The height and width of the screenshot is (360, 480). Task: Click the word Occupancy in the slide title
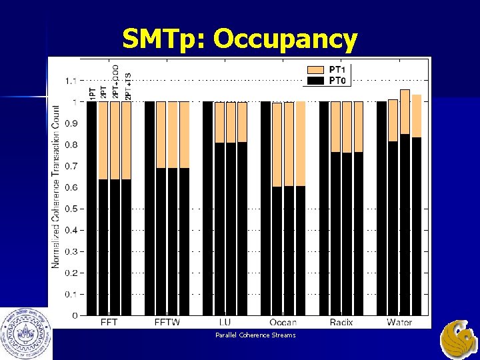click(x=285, y=40)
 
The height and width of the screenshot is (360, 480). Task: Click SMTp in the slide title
click(x=163, y=40)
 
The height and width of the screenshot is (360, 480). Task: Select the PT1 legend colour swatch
click(x=316, y=69)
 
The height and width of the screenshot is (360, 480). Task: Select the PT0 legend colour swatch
click(x=316, y=81)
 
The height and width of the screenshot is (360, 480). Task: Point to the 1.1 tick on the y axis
click(x=70, y=81)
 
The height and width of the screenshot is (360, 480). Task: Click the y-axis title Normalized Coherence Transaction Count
click(x=56, y=193)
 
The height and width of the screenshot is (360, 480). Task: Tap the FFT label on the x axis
click(x=110, y=323)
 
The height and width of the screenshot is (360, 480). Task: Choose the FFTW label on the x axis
click(x=167, y=323)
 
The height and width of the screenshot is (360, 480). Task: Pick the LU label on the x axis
click(x=225, y=323)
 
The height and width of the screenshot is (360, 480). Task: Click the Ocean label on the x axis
click(x=283, y=323)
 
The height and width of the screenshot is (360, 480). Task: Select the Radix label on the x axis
click(x=341, y=323)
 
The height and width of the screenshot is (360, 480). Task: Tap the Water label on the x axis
click(x=399, y=323)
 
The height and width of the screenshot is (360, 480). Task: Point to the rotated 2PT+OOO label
click(x=115, y=82)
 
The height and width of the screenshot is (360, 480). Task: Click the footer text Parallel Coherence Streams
click(x=255, y=335)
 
